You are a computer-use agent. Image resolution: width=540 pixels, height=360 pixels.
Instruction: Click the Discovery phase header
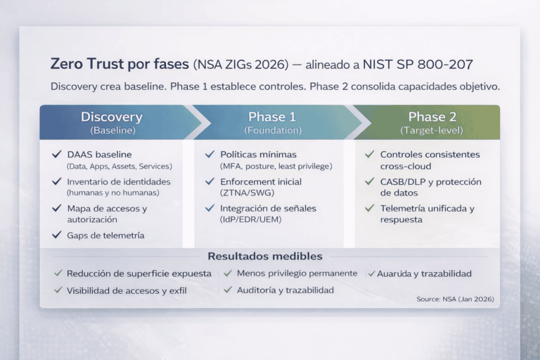click(111, 117)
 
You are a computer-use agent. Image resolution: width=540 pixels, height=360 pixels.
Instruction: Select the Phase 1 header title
click(272, 117)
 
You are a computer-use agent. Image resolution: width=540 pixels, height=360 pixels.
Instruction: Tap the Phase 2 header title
click(432, 117)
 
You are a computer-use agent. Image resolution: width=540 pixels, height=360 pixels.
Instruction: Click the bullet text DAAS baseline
click(99, 154)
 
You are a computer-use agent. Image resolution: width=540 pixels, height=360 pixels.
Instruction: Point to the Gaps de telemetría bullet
click(105, 236)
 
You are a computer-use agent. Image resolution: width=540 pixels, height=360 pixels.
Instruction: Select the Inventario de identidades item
click(118, 181)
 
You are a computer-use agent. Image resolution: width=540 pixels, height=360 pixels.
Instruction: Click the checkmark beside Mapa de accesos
click(56, 209)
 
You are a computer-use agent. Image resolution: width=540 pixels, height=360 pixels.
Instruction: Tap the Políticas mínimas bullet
click(258, 154)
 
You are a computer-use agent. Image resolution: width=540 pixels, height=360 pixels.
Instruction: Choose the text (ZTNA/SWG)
click(247, 193)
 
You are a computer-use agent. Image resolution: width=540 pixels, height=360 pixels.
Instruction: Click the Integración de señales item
click(268, 209)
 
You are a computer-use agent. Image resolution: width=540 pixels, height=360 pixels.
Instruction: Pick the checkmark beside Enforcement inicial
click(210, 181)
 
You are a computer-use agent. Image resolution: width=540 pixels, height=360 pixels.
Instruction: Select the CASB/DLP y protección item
click(430, 181)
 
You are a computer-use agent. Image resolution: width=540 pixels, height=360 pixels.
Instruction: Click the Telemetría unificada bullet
click(427, 209)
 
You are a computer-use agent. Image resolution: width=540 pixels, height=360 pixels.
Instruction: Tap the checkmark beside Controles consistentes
click(370, 154)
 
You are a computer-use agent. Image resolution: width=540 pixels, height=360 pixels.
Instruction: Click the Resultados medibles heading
click(265, 257)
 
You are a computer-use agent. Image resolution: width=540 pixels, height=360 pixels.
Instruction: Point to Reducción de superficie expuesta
click(139, 274)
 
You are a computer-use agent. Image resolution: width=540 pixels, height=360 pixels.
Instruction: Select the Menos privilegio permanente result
click(297, 273)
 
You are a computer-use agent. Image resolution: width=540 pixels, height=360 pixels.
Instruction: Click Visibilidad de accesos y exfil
click(127, 290)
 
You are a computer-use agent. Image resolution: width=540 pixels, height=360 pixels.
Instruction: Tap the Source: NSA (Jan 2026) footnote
click(455, 300)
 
